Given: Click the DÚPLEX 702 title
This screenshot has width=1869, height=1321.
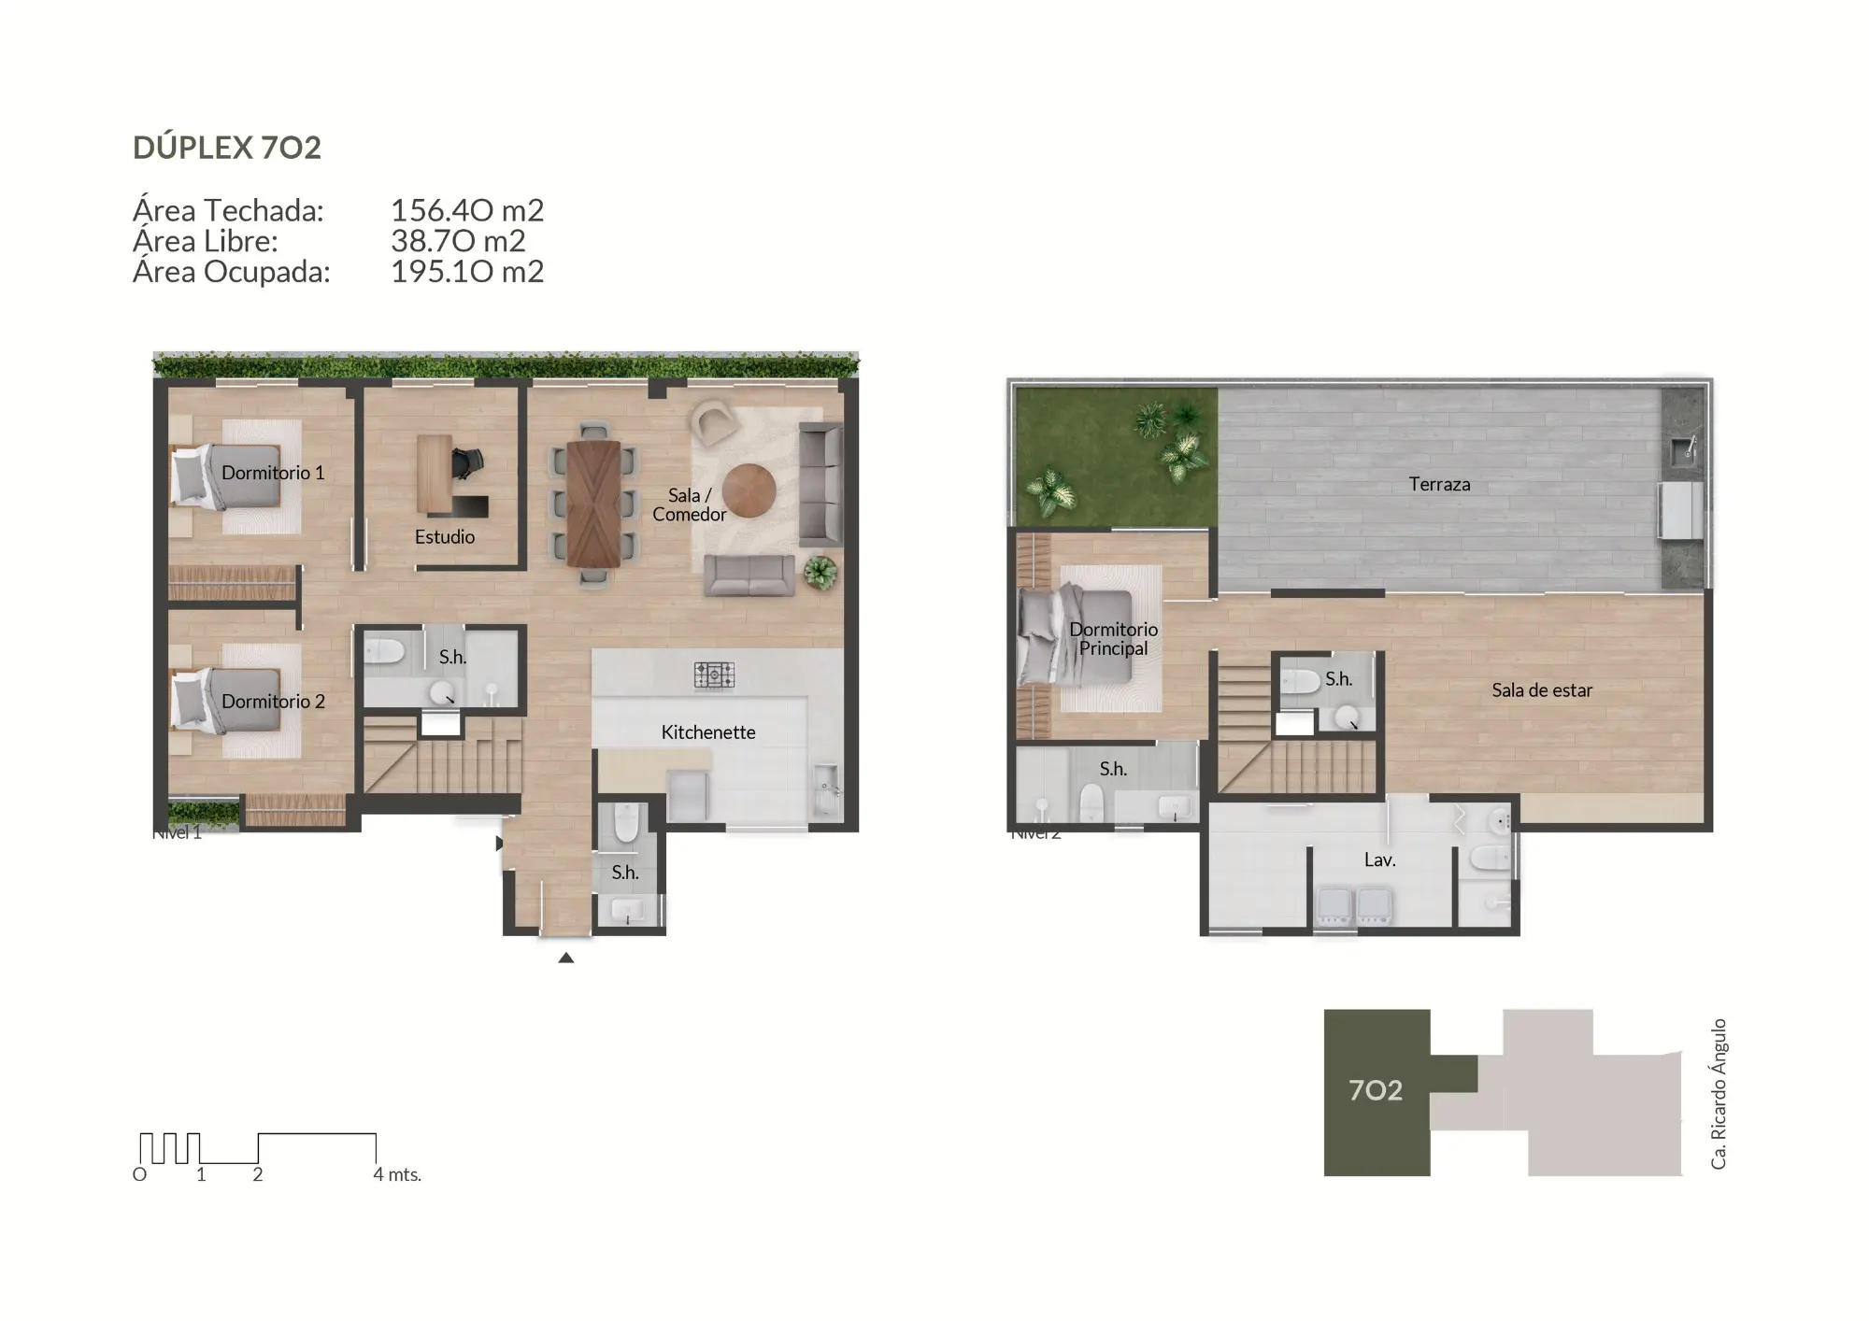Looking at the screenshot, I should pyautogui.click(x=227, y=148).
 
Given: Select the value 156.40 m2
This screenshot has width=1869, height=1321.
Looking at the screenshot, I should pyautogui.click(x=466, y=211).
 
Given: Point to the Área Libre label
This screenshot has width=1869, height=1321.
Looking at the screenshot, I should pyautogui.click(x=206, y=242).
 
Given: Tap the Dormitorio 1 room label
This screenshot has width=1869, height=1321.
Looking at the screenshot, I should pyautogui.click(x=273, y=473).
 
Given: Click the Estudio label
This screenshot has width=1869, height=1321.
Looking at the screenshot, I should pyautogui.click(x=445, y=537).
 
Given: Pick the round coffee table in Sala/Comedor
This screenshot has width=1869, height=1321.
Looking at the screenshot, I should pyautogui.click(x=749, y=490).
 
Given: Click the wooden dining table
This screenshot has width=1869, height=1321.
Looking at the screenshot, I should pyautogui.click(x=592, y=503).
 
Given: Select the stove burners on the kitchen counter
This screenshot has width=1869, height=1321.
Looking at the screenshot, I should pyautogui.click(x=714, y=675).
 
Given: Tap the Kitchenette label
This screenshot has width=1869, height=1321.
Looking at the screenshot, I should pyautogui.click(x=708, y=732).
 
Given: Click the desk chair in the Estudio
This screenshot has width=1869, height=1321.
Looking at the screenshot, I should pyautogui.click(x=467, y=462).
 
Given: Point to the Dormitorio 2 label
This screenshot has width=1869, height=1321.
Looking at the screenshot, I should pyautogui.click(x=273, y=702).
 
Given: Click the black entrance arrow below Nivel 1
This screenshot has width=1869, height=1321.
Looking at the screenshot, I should pyautogui.click(x=565, y=958).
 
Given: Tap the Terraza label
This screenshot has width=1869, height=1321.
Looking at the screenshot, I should pyautogui.click(x=1439, y=484).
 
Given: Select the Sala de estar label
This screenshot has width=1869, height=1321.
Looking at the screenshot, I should pyautogui.click(x=1541, y=690).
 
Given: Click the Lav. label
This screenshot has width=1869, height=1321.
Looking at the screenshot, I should pyautogui.click(x=1379, y=859).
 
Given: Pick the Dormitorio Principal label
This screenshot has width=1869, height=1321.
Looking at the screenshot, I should pyautogui.click(x=1113, y=639).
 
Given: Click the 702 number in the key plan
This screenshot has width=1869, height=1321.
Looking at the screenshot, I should pyautogui.click(x=1376, y=1090).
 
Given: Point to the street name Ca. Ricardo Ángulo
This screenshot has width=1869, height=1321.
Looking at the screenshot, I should pyautogui.click(x=1719, y=1094).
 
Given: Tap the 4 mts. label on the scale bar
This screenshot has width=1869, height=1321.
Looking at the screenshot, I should pyautogui.click(x=397, y=1174).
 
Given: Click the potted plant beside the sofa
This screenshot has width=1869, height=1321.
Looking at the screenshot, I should pyautogui.click(x=820, y=572).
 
